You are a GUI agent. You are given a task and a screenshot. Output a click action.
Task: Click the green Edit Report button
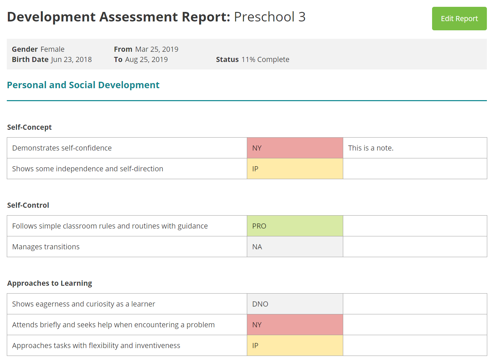click(x=459, y=19)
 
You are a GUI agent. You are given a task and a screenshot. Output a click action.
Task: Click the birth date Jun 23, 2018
click(x=72, y=60)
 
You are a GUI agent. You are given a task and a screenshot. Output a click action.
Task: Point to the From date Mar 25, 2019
click(x=157, y=49)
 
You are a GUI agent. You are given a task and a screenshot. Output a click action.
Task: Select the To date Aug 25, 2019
click(x=146, y=60)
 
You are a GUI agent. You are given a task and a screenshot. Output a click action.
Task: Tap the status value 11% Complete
click(x=265, y=60)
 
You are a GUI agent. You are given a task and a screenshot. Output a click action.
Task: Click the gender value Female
click(x=52, y=49)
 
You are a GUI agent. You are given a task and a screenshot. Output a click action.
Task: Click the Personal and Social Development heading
click(x=83, y=85)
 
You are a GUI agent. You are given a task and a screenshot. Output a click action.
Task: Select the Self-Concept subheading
click(x=29, y=127)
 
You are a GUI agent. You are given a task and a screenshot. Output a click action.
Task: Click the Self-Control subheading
click(x=28, y=205)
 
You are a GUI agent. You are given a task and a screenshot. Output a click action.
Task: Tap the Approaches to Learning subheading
click(x=50, y=283)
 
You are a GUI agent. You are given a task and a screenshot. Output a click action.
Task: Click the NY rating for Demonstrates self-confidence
click(x=295, y=148)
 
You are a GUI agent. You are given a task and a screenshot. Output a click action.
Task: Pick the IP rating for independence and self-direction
click(x=295, y=169)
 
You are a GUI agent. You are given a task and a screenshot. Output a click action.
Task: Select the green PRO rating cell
click(x=295, y=226)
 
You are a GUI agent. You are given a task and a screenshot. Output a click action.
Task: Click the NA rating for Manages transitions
click(x=295, y=247)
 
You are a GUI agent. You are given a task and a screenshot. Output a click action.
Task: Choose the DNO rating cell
click(x=295, y=304)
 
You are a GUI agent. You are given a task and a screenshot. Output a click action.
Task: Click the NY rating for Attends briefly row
click(x=295, y=325)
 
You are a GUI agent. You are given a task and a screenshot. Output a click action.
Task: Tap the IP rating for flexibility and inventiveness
click(x=295, y=346)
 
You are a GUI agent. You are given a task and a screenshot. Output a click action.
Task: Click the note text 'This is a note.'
click(x=370, y=148)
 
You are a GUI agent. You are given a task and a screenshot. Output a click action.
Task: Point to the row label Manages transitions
click(x=46, y=247)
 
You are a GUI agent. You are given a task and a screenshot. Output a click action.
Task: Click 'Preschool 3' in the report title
click(x=270, y=17)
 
